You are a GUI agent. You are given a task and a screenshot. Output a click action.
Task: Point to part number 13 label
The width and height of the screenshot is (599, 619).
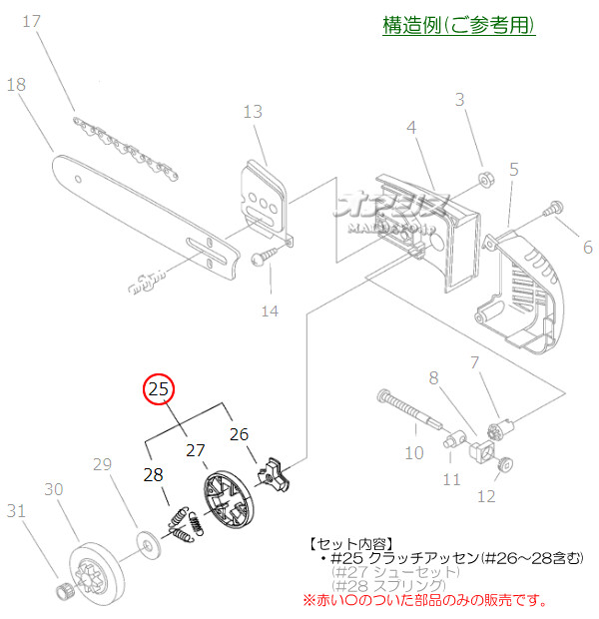click(x=253, y=111)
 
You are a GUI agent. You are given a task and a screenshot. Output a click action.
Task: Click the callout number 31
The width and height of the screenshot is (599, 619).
click(x=15, y=511)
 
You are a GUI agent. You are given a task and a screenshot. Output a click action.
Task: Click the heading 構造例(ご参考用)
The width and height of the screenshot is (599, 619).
click(x=459, y=25)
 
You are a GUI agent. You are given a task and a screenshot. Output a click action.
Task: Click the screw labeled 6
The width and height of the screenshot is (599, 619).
click(x=550, y=211)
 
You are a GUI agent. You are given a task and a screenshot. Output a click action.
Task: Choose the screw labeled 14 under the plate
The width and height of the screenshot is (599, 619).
click(x=262, y=258)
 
